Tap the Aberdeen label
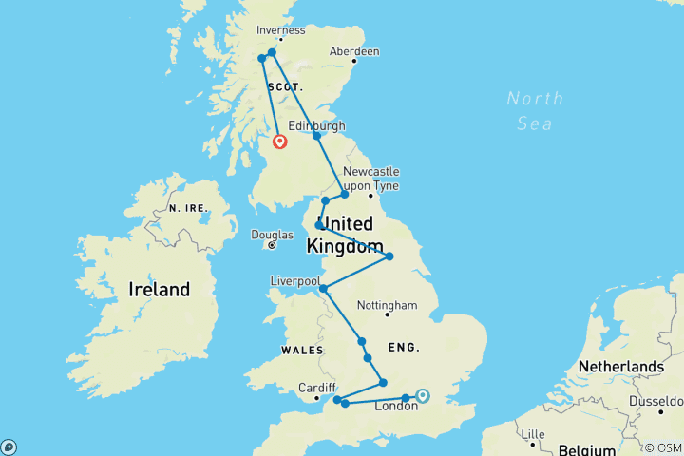353,51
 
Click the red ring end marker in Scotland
280,142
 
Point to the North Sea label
535,110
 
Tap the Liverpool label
294,281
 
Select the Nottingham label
387,306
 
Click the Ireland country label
160,290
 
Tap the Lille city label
534,434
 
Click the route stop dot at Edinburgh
317,136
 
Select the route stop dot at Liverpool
323,288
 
